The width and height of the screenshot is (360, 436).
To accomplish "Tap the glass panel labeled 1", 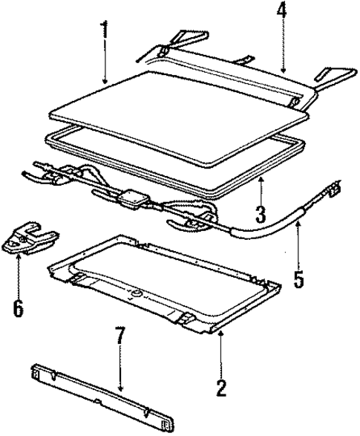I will tap(178, 100).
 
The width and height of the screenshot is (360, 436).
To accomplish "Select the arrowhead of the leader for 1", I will tap(106, 83).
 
